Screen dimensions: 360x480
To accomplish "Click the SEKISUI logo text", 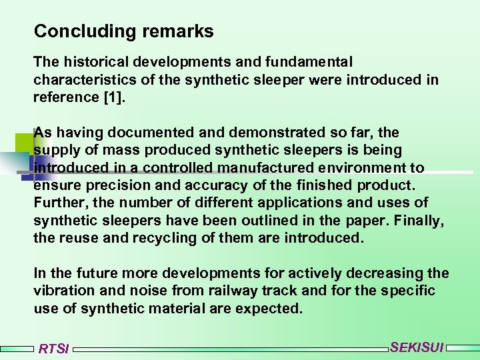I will click(417, 347).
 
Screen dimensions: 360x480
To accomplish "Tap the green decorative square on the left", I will click(23, 143).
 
